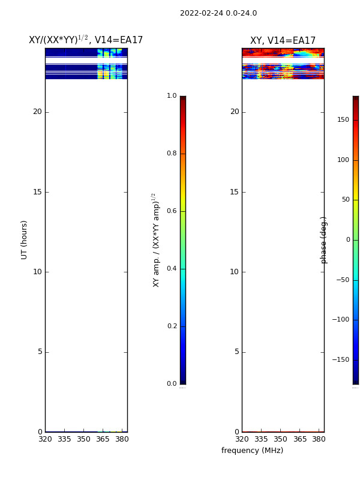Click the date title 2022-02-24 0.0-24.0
point(218,13)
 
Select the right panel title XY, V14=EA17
point(283,40)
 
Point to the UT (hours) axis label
point(24,240)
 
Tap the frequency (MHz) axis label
point(252,451)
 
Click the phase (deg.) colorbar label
point(323,241)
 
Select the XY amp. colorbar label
point(156,241)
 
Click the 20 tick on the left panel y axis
point(37,112)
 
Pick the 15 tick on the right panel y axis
point(234,192)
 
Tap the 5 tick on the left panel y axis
point(40,352)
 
